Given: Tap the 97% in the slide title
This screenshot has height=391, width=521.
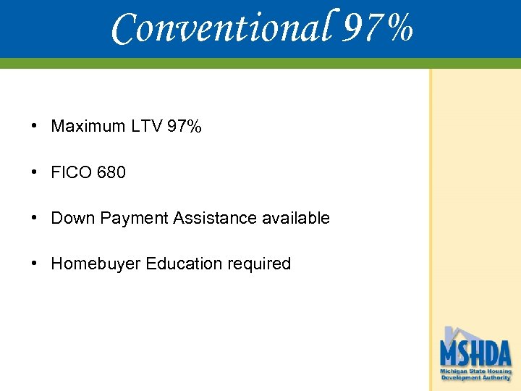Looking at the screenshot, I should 378,29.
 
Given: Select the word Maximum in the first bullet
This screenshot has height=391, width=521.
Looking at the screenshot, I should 88,127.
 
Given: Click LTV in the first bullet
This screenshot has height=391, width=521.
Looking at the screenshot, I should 147,127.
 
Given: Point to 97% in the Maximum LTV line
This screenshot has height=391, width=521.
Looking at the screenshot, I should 185,127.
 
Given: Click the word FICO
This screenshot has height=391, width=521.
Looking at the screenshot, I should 69,172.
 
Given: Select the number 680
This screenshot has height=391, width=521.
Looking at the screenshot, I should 109,172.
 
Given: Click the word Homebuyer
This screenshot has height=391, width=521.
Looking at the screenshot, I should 96,264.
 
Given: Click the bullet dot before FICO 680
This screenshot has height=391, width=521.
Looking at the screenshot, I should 35,172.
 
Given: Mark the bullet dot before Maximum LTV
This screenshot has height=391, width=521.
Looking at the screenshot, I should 35,126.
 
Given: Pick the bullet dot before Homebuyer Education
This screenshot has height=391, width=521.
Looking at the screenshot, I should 35,263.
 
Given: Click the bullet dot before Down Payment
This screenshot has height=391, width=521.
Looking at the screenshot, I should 35,217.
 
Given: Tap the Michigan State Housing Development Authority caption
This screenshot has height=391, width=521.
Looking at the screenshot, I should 475,374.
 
